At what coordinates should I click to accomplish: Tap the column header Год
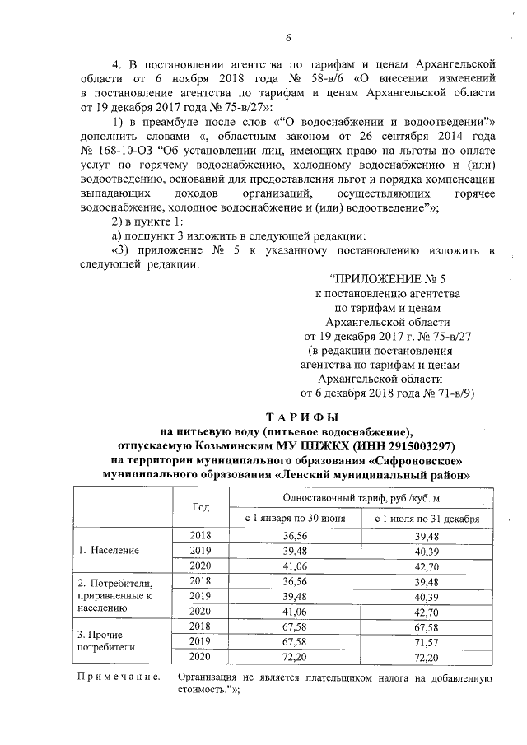[x=201, y=506]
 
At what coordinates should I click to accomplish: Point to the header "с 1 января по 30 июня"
[x=297, y=519]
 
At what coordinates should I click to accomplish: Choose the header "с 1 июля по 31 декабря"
[x=427, y=519]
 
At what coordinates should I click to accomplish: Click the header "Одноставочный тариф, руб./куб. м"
[x=362, y=497]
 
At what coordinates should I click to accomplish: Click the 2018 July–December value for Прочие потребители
[x=427, y=626]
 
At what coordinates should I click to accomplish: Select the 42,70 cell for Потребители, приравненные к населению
[x=427, y=611]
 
